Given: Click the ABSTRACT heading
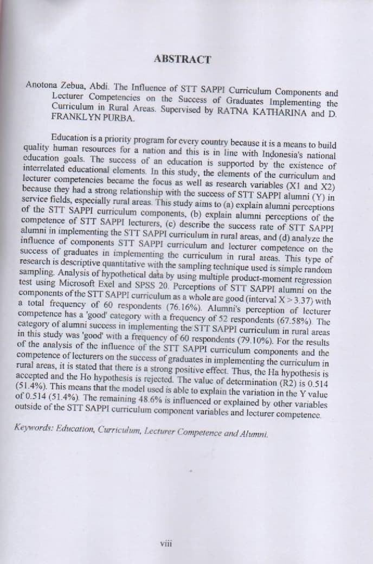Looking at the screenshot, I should coord(182,59).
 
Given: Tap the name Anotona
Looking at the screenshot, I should coord(42,85).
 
